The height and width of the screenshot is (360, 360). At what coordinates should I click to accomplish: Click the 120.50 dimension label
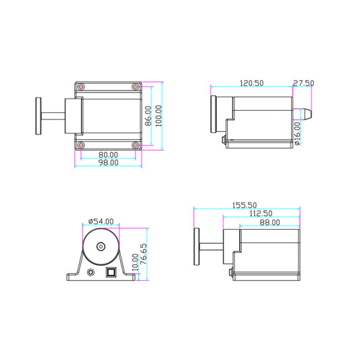tap(252, 83)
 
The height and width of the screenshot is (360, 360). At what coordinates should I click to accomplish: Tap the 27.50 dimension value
tap(303, 83)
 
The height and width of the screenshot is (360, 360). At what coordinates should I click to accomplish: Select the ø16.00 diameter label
tap(297, 133)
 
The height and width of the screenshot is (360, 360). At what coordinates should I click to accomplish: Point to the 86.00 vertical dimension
tap(149, 115)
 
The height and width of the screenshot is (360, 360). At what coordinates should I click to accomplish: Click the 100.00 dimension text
tap(159, 115)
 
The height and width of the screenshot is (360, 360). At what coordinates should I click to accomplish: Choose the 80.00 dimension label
tap(108, 155)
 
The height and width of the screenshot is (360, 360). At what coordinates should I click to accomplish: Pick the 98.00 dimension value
tap(108, 163)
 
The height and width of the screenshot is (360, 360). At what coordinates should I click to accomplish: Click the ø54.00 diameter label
tap(101, 222)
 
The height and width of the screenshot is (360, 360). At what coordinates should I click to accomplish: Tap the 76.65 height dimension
tap(143, 254)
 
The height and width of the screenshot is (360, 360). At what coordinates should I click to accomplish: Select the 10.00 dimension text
tap(135, 262)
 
